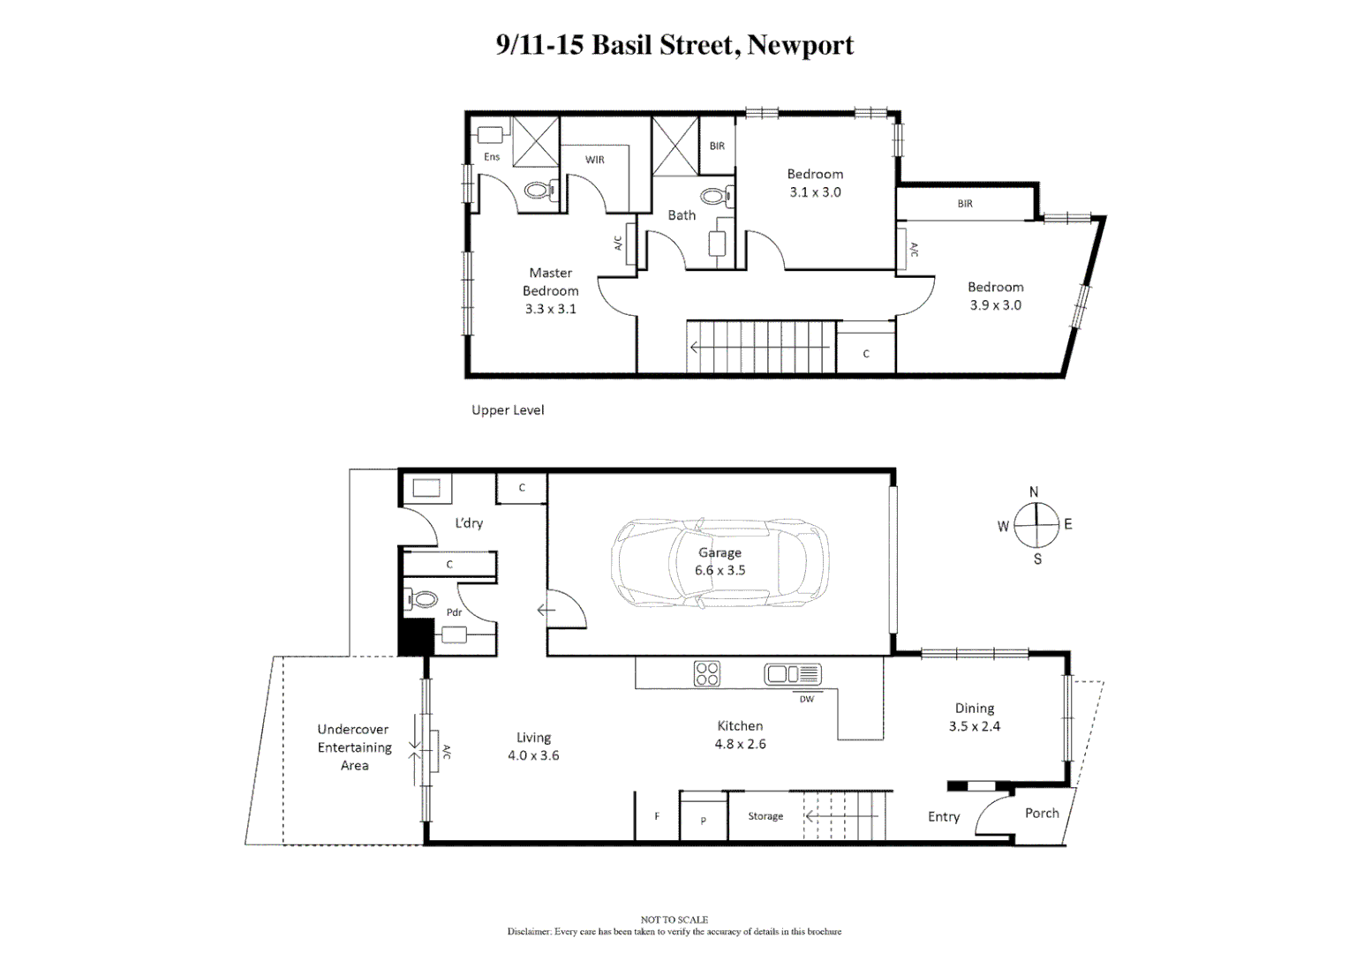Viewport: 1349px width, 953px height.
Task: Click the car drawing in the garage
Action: [x=720, y=562]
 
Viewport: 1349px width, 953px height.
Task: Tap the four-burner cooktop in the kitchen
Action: [x=706, y=673]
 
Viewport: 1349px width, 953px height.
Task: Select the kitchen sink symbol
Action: [x=792, y=674]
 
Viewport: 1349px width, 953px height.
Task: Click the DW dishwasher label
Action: [x=806, y=699]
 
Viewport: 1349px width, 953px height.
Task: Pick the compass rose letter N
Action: [x=1034, y=492]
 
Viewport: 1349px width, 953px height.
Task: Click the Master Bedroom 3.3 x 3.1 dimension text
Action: [x=550, y=309]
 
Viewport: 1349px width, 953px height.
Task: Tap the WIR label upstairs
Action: [x=594, y=160]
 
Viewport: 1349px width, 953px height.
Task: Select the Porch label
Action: [x=1041, y=813]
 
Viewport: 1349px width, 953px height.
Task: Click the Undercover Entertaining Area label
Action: [x=354, y=747]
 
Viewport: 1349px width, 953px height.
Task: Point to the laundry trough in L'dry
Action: [x=427, y=489]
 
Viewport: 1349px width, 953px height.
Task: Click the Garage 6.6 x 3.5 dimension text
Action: [x=720, y=570]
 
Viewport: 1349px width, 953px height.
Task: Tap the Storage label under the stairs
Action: [x=765, y=816]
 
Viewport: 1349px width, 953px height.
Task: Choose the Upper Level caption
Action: [x=507, y=409]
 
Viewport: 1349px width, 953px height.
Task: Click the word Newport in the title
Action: [x=800, y=44]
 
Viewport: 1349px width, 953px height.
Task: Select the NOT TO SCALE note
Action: [x=674, y=919]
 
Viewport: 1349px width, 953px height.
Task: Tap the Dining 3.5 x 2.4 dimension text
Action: [x=974, y=726]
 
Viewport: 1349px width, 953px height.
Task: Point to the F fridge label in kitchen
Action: [x=657, y=816]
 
